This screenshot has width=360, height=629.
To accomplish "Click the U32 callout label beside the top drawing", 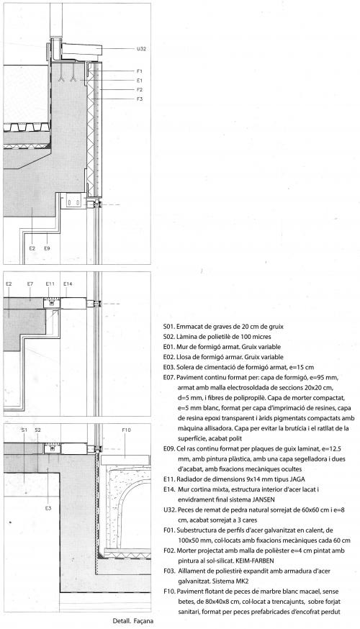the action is click(x=141, y=49).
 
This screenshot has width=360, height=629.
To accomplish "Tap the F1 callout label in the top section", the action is click(x=139, y=71).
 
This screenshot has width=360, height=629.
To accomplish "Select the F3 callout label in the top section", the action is click(x=139, y=99).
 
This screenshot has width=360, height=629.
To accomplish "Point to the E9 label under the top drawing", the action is click(x=47, y=248).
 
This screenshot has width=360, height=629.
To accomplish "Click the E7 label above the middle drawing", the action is click(x=30, y=284).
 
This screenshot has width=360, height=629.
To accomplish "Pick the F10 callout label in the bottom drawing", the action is click(x=126, y=430).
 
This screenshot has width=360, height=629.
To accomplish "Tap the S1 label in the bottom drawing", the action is click(x=24, y=430).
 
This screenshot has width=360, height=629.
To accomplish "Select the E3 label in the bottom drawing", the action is click(x=48, y=508).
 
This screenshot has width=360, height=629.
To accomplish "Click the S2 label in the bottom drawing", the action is click(x=37, y=430).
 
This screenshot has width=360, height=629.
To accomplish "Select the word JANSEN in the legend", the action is click(x=264, y=499).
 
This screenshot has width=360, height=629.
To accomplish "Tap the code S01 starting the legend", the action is click(x=169, y=327).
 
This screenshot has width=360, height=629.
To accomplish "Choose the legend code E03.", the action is click(x=169, y=367).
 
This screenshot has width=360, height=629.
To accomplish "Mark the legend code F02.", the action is click(x=169, y=551).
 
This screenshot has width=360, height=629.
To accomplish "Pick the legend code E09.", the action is click(x=169, y=448).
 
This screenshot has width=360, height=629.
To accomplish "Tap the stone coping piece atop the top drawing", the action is click(x=81, y=50).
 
